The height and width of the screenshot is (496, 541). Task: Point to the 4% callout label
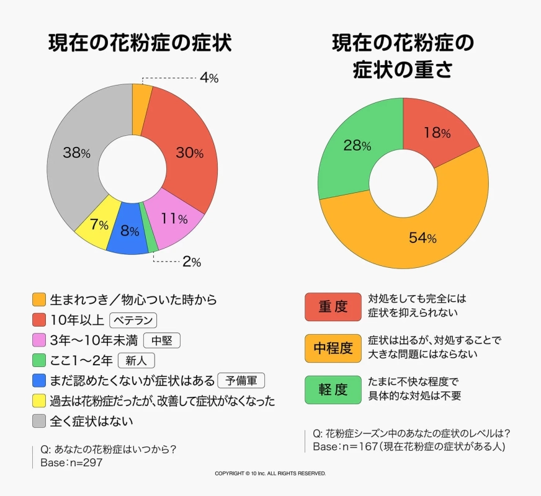coord(208,78)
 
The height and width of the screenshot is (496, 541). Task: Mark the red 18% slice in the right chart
coord(436,132)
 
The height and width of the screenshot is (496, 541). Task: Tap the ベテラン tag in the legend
coord(133,321)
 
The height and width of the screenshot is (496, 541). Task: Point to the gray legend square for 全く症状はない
coord(39,421)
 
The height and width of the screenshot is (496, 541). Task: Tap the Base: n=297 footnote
coord(71,462)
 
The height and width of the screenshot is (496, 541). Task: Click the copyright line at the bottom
coord(270,474)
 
